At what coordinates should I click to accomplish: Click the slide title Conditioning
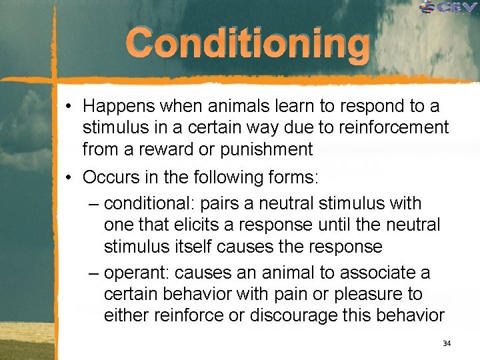(x=247, y=44)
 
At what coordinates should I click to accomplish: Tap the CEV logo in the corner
(x=448, y=7)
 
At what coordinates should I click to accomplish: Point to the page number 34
(x=447, y=343)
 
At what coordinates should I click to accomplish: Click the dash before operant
(x=93, y=273)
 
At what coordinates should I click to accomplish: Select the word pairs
(x=225, y=203)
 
